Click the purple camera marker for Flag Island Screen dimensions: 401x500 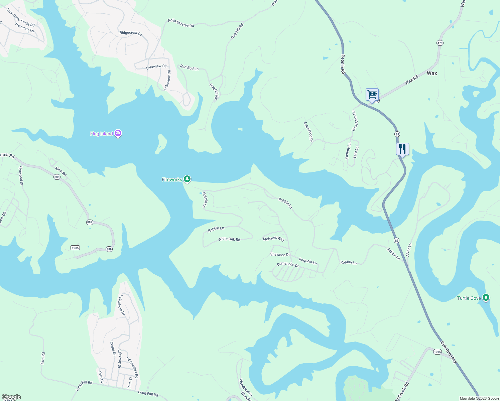[118, 133]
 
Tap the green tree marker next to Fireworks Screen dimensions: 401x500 [187, 179]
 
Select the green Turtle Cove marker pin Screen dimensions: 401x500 [486, 297]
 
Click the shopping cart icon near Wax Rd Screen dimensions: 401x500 [372, 95]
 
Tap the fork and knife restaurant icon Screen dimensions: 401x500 [402, 149]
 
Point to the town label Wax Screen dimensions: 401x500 [432, 73]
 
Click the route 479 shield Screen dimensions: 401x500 [440, 43]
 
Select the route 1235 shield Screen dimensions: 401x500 [75, 248]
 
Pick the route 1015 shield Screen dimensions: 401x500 [437, 352]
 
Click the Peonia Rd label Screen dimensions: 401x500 [343, 64]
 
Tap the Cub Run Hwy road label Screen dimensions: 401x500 [449, 352]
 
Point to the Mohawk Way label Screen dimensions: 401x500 [273, 239]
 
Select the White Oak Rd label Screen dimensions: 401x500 [229, 239]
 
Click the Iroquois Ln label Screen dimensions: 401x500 [307, 261]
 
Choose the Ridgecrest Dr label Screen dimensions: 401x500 [131, 33]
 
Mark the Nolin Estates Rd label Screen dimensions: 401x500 [181, 23]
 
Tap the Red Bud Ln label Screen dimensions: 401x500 [189, 68]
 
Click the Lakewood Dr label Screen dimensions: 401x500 [308, 132]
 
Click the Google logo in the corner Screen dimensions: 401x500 [11, 397]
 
